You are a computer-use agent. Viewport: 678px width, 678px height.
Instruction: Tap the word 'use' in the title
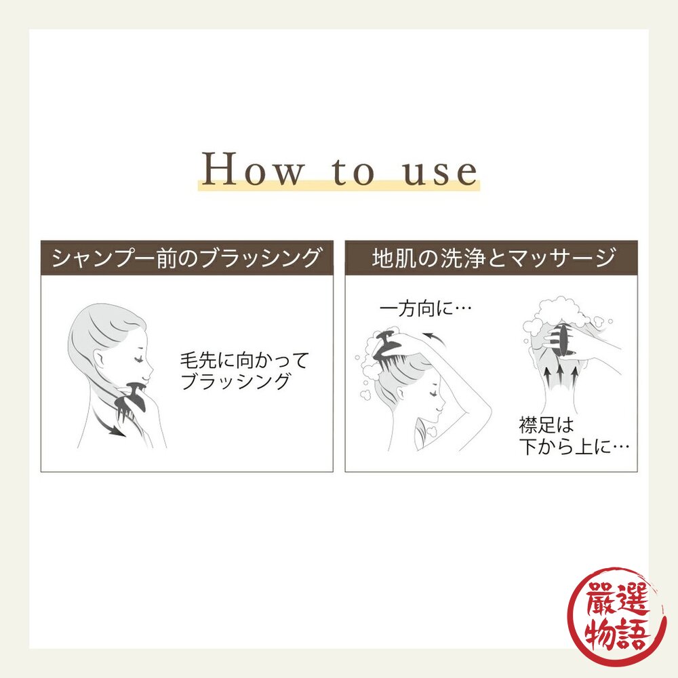(440, 172)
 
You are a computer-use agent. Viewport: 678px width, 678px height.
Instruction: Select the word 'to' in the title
(353, 171)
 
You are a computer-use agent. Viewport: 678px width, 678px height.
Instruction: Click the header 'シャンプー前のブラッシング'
(186, 258)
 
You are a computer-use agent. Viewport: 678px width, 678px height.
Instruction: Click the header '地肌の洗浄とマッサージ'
(494, 258)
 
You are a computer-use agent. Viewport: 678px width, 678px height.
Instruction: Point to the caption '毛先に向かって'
(245, 360)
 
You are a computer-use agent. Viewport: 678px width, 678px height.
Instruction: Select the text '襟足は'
(546, 424)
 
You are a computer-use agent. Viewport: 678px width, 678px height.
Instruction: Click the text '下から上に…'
(574, 446)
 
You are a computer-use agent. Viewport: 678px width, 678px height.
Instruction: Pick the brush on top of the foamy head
(389, 346)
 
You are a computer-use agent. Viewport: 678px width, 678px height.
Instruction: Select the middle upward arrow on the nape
(560, 374)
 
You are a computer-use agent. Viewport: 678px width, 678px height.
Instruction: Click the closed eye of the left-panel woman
(139, 359)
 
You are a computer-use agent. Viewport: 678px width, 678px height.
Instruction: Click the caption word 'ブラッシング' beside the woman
(235, 381)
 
